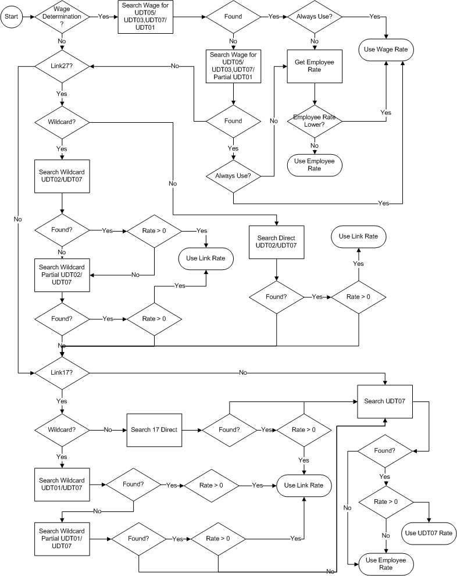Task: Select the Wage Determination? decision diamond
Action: coord(62,17)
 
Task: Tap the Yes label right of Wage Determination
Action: coord(103,17)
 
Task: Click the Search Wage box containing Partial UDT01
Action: coord(233,66)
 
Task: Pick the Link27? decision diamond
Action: coord(62,66)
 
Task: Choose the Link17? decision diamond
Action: coord(62,372)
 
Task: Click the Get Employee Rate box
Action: coord(315,66)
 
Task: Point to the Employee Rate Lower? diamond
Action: coord(315,121)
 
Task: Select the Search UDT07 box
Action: coord(385,401)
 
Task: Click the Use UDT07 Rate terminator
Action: coord(429,532)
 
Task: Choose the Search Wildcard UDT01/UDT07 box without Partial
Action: coord(62,484)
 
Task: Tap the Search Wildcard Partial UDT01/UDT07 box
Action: coord(62,538)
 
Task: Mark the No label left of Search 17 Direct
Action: coord(108,430)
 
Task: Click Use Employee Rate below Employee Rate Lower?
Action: coord(315,165)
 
